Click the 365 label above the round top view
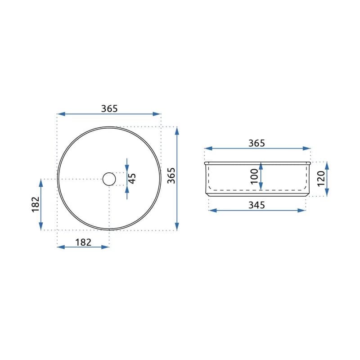pos(109,108)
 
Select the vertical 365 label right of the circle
pos(171,175)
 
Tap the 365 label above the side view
pos(256,143)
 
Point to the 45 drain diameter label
pos(132,178)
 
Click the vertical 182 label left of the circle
pos(36,204)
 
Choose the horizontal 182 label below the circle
pos(83,242)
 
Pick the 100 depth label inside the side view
pos(254,176)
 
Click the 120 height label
pos(321,179)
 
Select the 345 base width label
pos(256,205)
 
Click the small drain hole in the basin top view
pos(109,179)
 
